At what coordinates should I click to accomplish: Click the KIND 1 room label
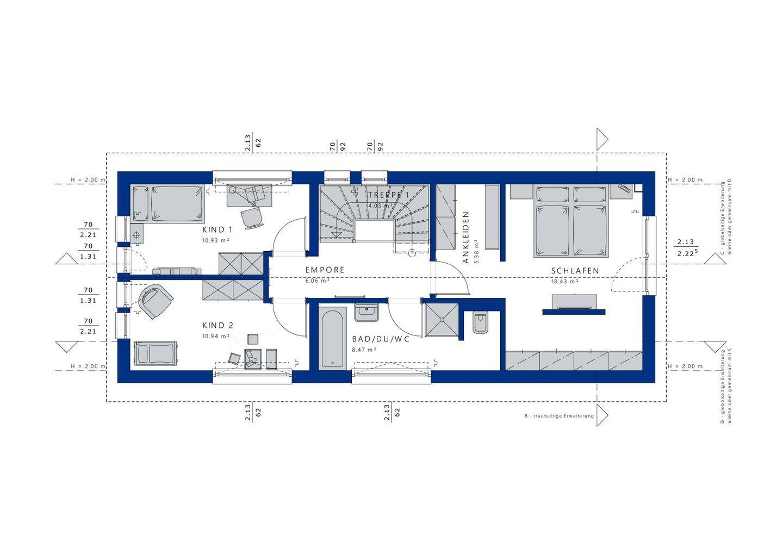(217, 230)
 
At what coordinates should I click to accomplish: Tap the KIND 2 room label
(217, 326)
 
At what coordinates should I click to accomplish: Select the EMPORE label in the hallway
(325, 270)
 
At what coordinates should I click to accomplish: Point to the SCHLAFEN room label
(575, 271)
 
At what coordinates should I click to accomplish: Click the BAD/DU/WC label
(380, 339)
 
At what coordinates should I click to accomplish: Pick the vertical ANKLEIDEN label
(465, 237)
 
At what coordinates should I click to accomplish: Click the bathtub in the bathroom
(333, 338)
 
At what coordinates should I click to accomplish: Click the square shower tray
(442, 320)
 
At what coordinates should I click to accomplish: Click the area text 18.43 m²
(564, 282)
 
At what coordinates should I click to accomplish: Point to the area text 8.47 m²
(364, 350)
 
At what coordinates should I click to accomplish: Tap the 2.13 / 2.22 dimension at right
(686, 248)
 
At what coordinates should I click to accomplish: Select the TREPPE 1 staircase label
(388, 195)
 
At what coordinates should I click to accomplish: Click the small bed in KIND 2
(156, 354)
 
